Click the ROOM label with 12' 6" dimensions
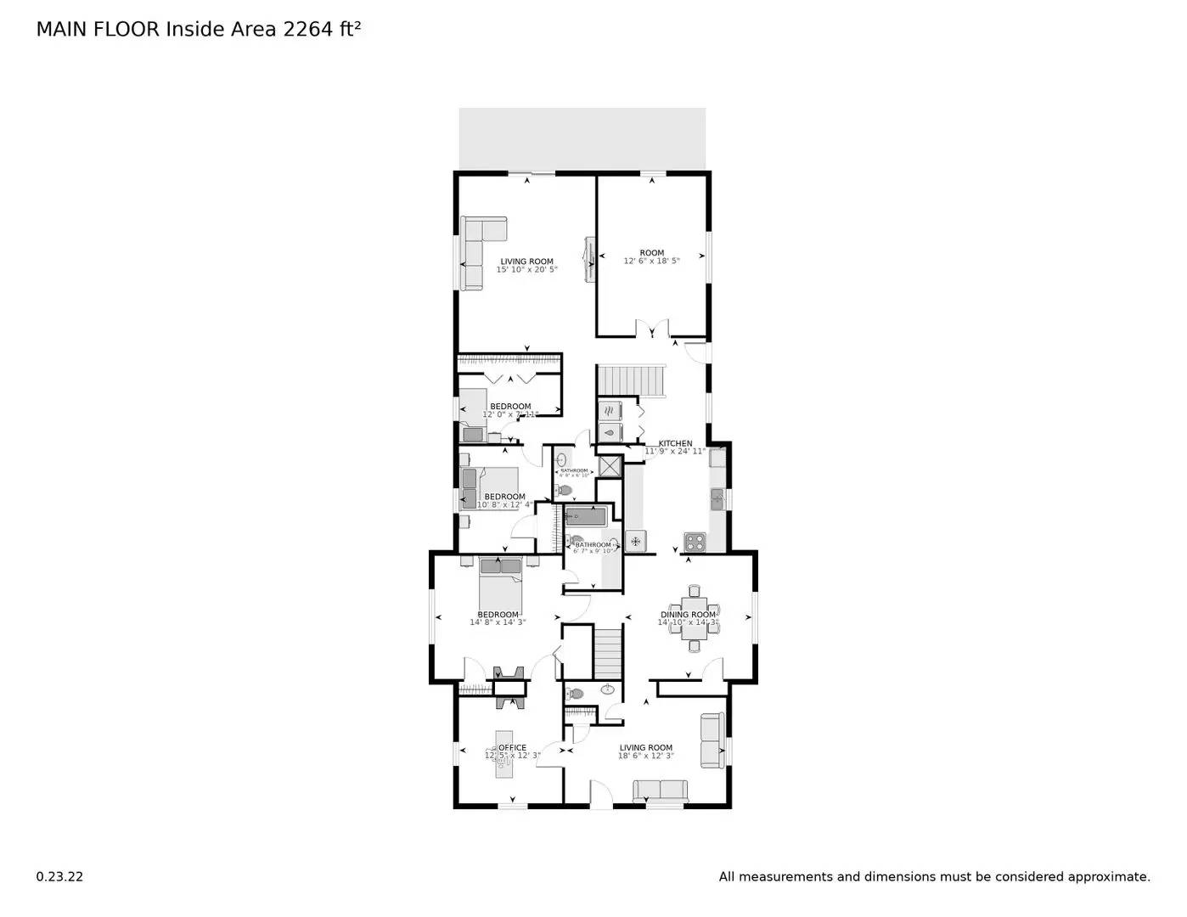click(x=651, y=253)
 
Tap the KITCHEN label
click(x=675, y=443)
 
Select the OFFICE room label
click(x=512, y=748)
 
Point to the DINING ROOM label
click(x=688, y=615)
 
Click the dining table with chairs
click(x=694, y=618)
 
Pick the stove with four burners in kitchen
click(x=695, y=541)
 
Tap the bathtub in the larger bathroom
click(x=586, y=516)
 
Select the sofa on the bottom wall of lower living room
click(x=660, y=790)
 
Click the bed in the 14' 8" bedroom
click(x=499, y=581)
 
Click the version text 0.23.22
click(x=59, y=877)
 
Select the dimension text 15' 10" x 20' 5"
click(x=526, y=270)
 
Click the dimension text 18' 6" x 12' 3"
click(x=645, y=756)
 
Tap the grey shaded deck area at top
click(x=582, y=138)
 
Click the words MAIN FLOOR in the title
click(x=97, y=30)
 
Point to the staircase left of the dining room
click(x=608, y=651)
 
